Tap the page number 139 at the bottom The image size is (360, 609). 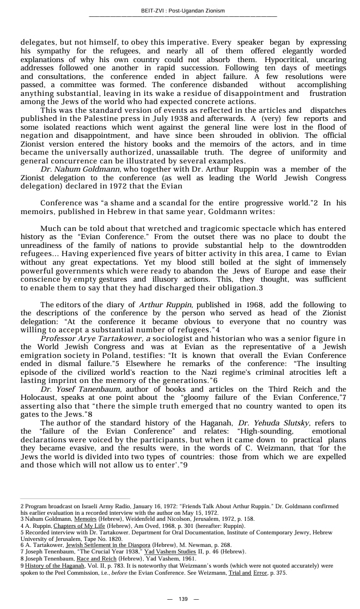(183, 599)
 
